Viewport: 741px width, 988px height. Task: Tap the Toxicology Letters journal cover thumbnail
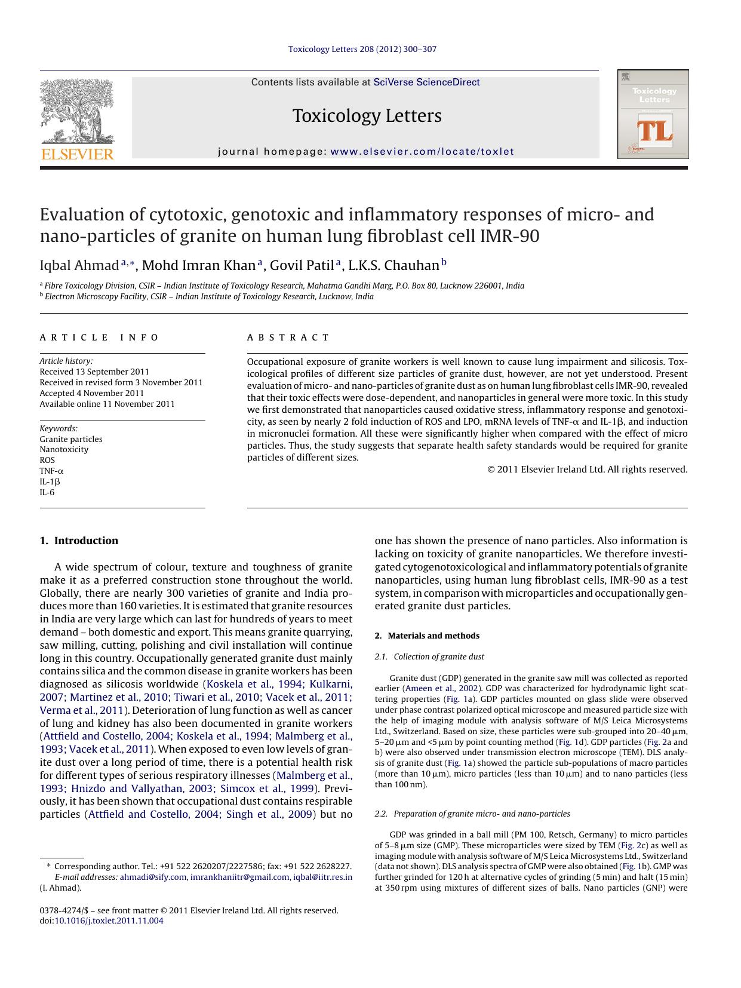click(x=653, y=114)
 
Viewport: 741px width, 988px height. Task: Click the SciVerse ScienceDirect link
click(x=426, y=82)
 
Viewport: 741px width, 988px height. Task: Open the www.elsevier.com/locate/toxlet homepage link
click(x=422, y=152)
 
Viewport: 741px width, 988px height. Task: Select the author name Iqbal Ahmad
click(x=79, y=265)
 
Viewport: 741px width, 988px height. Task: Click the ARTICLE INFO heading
click(x=99, y=337)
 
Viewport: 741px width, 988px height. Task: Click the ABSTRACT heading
click(x=288, y=337)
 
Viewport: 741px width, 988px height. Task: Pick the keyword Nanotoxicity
click(x=64, y=449)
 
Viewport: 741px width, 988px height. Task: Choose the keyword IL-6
click(x=47, y=492)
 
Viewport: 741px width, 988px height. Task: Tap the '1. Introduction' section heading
click(x=79, y=541)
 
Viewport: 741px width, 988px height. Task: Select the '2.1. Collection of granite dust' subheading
click(x=429, y=656)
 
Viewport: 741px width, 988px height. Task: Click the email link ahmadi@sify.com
click(x=153, y=877)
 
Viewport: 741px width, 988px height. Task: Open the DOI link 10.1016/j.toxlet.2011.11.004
click(x=109, y=921)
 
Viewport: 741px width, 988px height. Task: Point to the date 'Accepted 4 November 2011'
click(x=92, y=393)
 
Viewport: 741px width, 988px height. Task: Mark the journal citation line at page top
click(x=362, y=49)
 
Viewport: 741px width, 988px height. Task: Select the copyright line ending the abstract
click(x=588, y=470)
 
